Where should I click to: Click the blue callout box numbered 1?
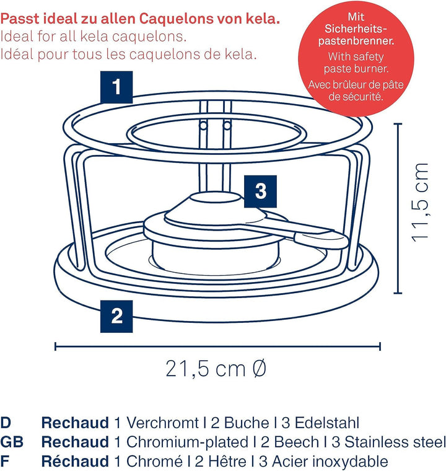[x=116, y=87]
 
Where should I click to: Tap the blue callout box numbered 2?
[x=116, y=316]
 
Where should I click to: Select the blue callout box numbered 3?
[x=261, y=191]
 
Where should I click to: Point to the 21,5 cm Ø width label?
[x=216, y=369]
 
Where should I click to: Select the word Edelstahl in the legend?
[x=325, y=423]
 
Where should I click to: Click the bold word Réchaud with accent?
[x=74, y=462]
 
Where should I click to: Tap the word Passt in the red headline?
[x=23, y=17]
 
